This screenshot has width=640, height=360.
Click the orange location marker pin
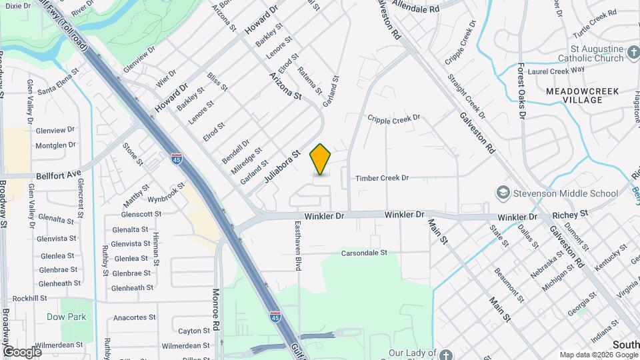click(x=321, y=159)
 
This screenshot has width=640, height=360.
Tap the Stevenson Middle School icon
click(x=503, y=193)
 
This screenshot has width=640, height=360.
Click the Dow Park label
click(x=66, y=317)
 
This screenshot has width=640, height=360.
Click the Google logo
click(x=23, y=351)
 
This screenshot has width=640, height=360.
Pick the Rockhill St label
click(x=29, y=299)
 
